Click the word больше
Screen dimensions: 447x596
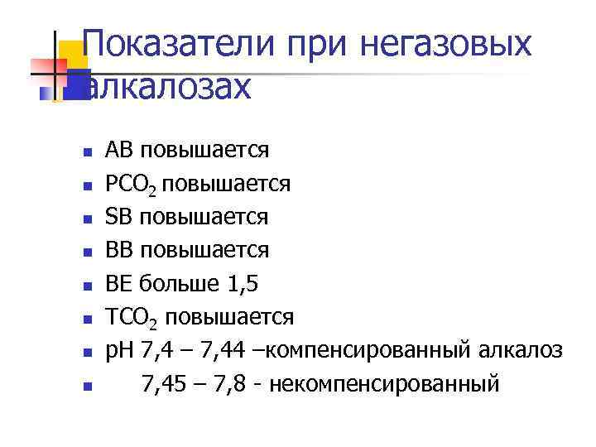click(x=175, y=283)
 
